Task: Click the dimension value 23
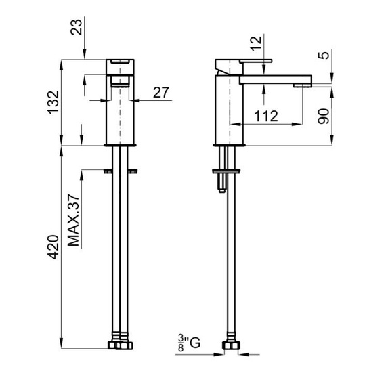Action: pos(77,27)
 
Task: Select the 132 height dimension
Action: pos(53,102)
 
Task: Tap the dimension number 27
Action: pos(161,93)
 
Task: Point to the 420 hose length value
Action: pos(53,247)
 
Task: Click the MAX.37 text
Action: pos(74,220)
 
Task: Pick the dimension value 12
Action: pos(257,44)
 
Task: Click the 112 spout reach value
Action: pos(266,116)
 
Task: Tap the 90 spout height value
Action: pos(324,116)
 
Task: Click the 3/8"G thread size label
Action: pos(189,343)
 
